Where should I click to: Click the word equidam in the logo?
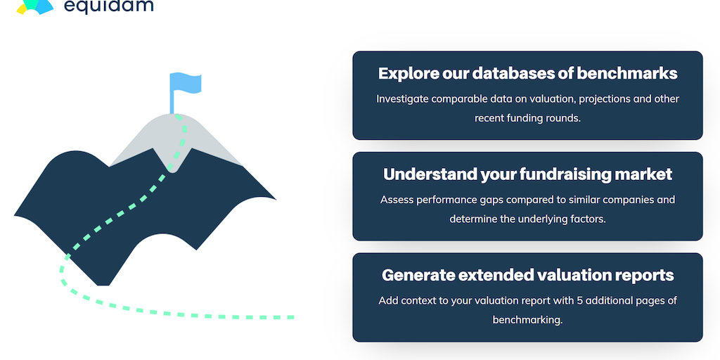pos(108,6)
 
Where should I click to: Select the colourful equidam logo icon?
pos(35,6)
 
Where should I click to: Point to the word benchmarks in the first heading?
pos(626,73)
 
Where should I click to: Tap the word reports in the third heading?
pos(643,276)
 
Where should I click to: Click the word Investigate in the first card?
pos(402,99)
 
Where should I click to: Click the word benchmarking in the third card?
pos(527,320)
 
